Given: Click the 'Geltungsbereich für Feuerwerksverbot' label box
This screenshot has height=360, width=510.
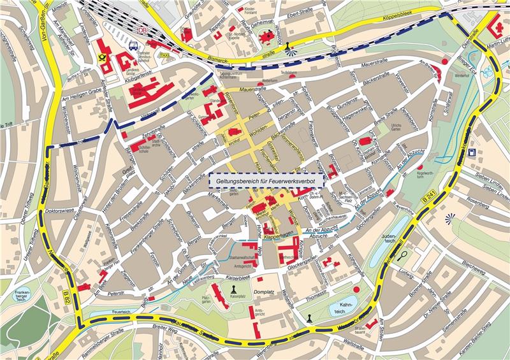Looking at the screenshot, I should [266, 180].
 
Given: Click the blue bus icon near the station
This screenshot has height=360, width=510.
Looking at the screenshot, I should [133, 46].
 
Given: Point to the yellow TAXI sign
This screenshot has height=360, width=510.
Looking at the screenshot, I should [164, 55].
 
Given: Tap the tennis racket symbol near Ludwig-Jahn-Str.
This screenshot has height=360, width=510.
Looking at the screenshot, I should [404, 256].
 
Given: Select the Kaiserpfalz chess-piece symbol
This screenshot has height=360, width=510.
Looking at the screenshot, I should [231, 291].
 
